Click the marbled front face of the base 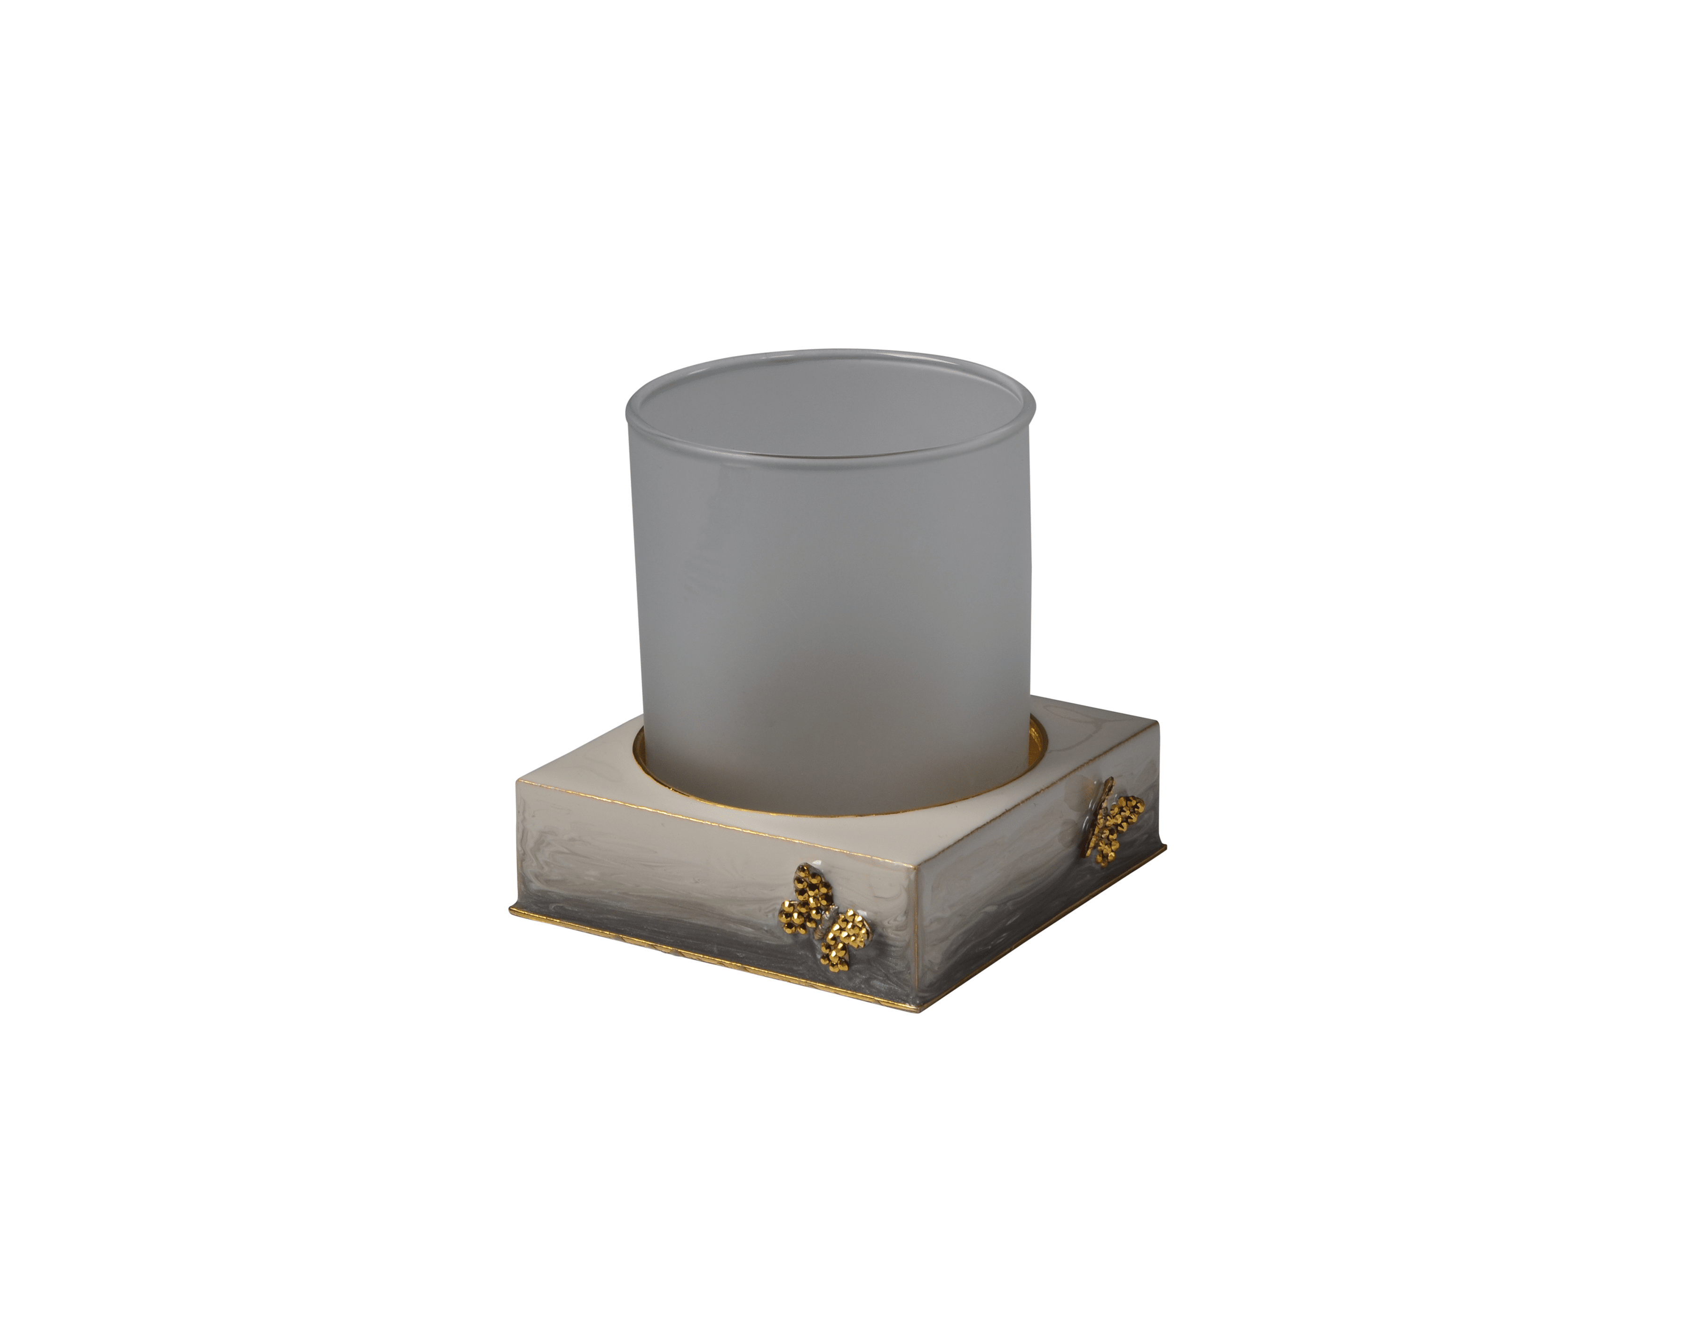tap(667, 871)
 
